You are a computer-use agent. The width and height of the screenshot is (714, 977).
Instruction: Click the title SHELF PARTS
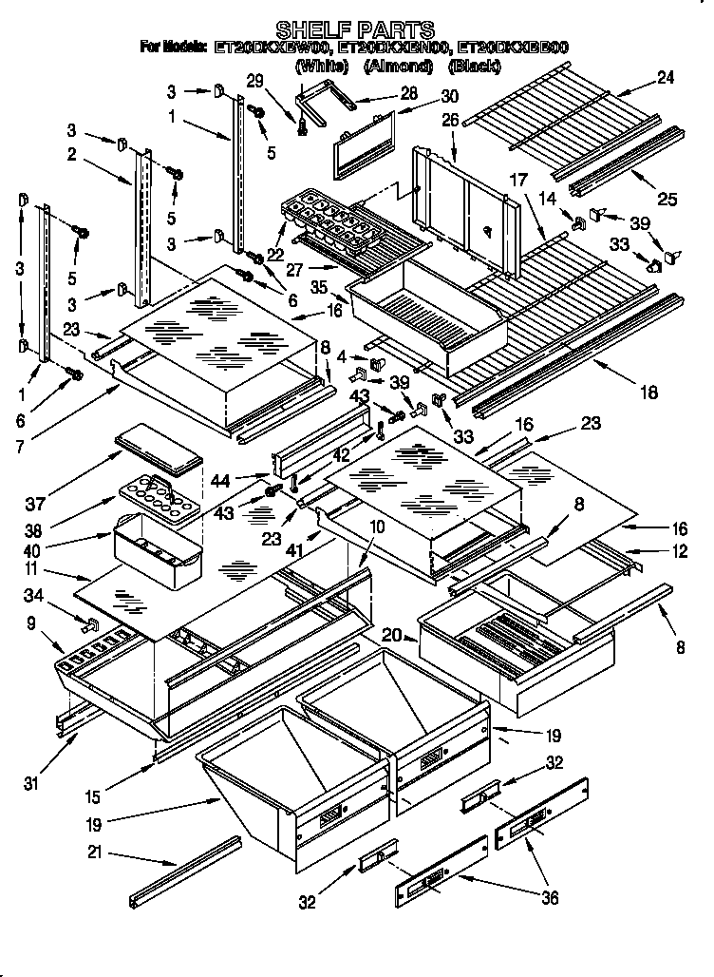[355, 29]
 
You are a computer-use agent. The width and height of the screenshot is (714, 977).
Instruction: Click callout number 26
[449, 120]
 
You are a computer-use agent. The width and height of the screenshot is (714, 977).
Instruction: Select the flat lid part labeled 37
[159, 449]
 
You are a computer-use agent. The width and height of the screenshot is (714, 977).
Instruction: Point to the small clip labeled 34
[92, 625]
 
